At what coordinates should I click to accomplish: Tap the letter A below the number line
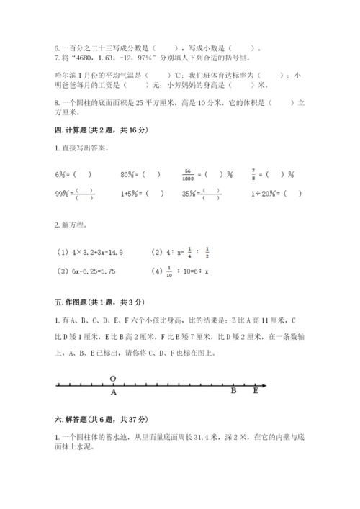pyautogui.click(x=114, y=393)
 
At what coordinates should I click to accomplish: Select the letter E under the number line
pyautogui.click(x=256, y=393)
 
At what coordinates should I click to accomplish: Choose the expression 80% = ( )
pyautogui.click(x=139, y=174)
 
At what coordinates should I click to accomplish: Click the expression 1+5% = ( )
pyautogui.click(x=143, y=193)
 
